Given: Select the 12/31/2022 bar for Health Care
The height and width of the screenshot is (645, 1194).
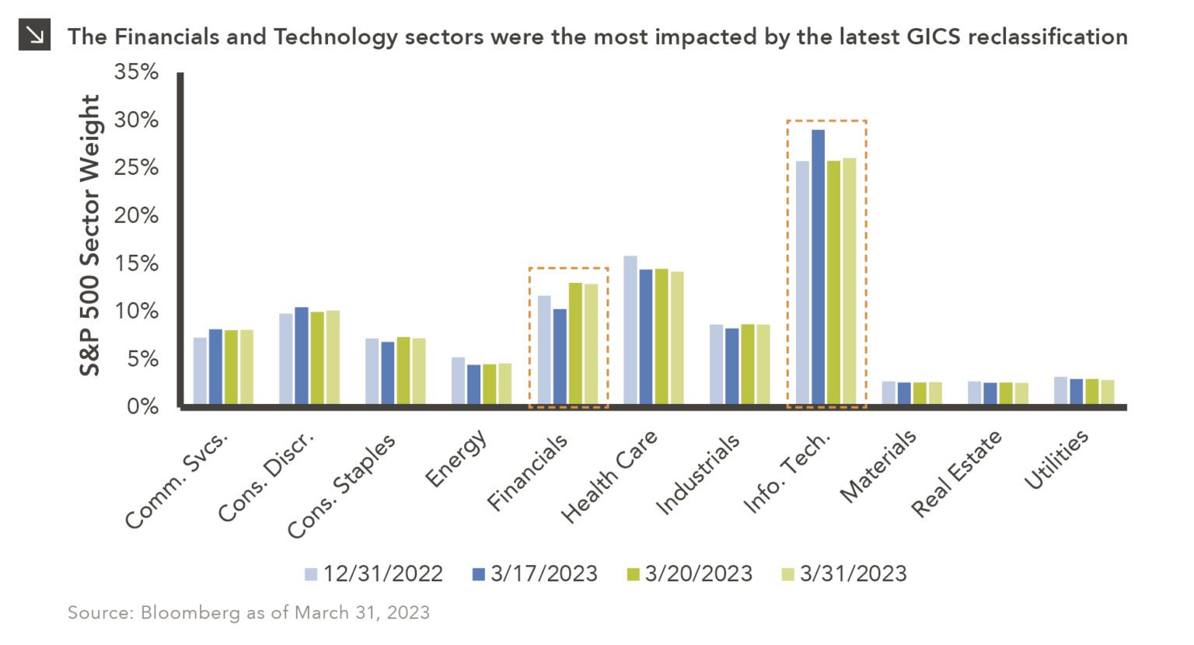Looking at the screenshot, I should click(630, 329).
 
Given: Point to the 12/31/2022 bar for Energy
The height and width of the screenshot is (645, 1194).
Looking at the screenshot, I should click(458, 381).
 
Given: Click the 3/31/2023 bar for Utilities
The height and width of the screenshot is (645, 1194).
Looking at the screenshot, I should click(1107, 392).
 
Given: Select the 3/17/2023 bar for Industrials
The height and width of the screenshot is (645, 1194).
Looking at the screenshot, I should click(731, 366).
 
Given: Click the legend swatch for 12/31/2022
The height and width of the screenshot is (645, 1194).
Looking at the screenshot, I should click(311, 574).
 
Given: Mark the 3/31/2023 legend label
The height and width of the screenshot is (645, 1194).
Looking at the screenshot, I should click(853, 574).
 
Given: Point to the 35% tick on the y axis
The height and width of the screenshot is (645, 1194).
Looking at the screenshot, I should click(137, 72).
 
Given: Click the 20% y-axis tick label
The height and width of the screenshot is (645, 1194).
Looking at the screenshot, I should click(137, 215).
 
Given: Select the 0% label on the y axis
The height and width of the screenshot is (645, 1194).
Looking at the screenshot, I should click(143, 406).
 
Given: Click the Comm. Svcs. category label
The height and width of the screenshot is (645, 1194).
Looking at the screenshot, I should click(177, 479).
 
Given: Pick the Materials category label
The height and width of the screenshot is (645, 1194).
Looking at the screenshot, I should click(879, 465).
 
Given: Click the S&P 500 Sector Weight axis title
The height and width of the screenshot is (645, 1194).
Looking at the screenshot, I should click(90, 235).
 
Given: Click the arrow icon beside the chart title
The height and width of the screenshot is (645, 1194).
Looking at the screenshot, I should click(34, 35).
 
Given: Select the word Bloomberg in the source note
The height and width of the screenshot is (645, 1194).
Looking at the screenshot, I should click(190, 613).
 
